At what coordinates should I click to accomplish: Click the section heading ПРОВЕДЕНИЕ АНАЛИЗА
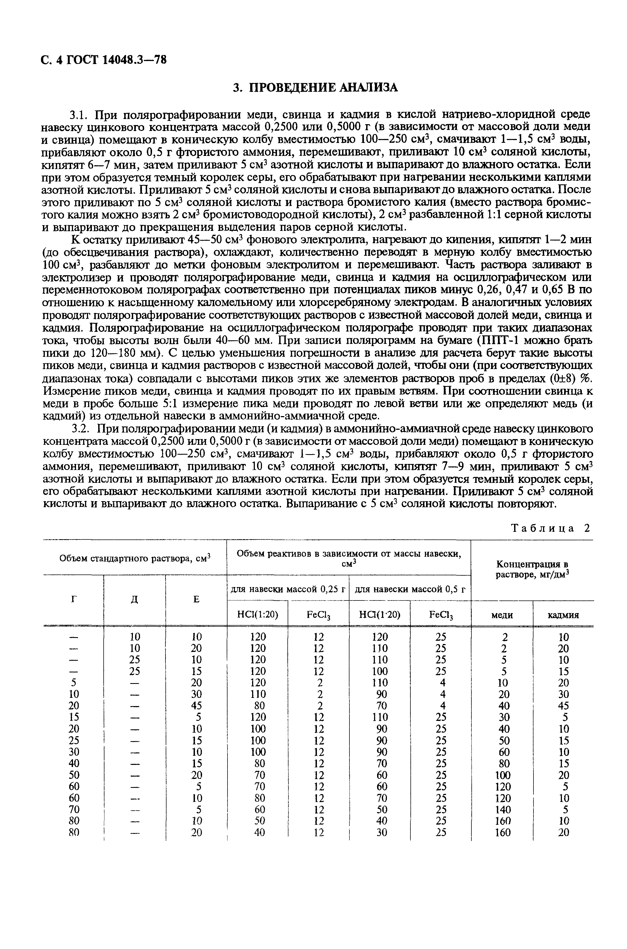(x=316, y=87)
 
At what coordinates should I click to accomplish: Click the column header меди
(x=502, y=615)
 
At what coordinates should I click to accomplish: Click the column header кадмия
(x=563, y=615)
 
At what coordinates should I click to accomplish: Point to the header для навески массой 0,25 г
(x=288, y=589)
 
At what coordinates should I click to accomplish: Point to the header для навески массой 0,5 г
(x=410, y=589)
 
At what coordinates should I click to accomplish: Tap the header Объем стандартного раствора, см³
(x=135, y=558)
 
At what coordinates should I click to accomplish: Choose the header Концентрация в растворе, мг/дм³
(x=532, y=569)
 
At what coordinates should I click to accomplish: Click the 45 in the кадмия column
(x=563, y=705)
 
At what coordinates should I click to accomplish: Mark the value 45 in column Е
(x=196, y=705)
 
